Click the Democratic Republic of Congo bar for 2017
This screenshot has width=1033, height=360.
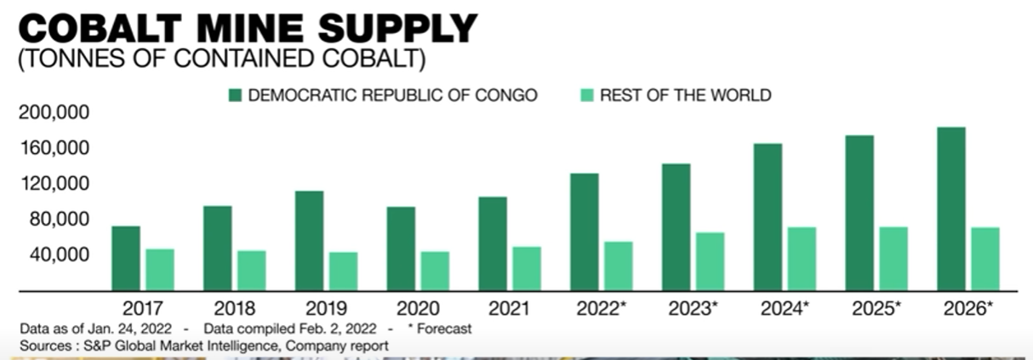pos(126,258)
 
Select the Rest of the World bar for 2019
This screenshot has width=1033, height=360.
pos(343,271)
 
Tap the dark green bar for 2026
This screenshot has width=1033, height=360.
pos(950,209)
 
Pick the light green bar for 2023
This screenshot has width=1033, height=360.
pos(710,261)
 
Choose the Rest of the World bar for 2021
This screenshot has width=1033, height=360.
pos(526,268)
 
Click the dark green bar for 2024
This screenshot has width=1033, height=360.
pos(768,217)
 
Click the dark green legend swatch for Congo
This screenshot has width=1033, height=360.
pos(235,95)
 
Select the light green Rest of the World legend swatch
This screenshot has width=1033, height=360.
pos(586,95)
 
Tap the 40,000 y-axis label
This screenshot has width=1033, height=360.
pos(59,255)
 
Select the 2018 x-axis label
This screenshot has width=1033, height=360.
pos(235,308)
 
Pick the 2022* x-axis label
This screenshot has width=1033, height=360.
pos(602,308)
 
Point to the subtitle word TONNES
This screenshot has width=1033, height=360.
pos(70,60)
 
